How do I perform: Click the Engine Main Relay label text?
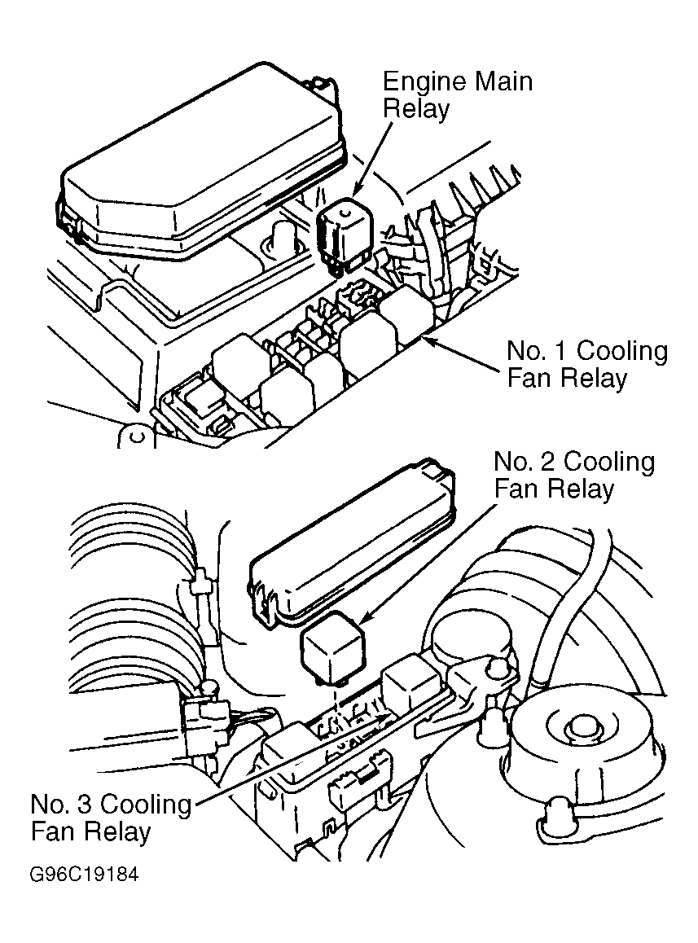click(457, 95)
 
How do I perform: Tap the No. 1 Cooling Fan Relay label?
click(587, 365)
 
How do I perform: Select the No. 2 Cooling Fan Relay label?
click(573, 475)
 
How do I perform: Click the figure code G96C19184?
click(84, 874)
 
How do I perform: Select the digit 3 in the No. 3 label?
click(86, 804)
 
